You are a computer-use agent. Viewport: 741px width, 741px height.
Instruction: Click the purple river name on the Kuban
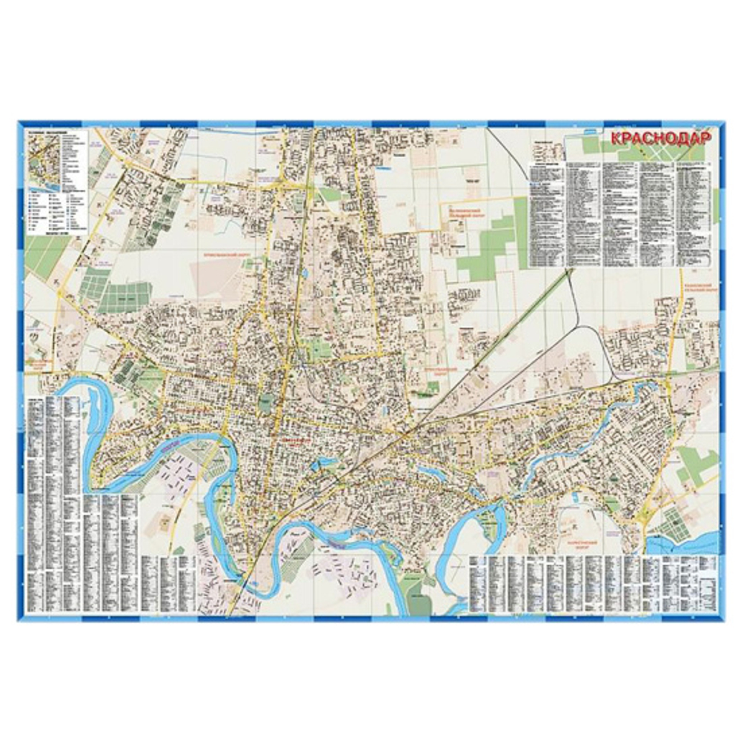click(x=169, y=449)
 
